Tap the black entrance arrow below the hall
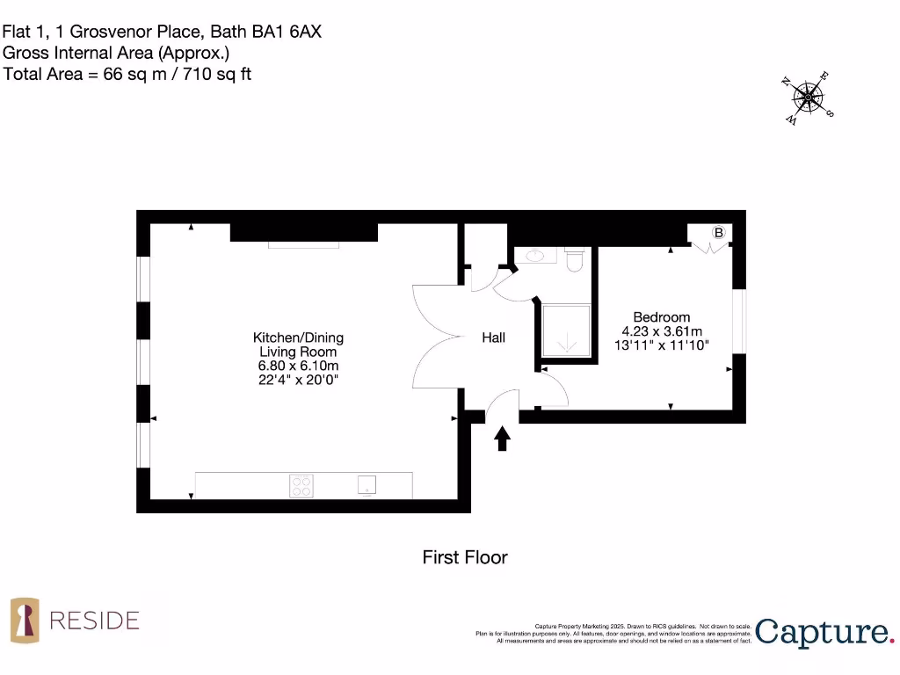click(x=503, y=438)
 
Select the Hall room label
click(x=493, y=337)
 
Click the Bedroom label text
click(x=662, y=317)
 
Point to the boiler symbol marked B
click(x=718, y=233)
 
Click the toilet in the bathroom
click(x=576, y=259)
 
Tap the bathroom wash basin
click(x=533, y=257)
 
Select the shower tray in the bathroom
click(x=565, y=330)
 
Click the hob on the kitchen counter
click(x=301, y=485)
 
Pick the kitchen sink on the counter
click(x=367, y=485)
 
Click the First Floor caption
click(x=465, y=557)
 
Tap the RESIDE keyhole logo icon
click(x=25, y=620)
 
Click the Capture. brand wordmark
click(x=824, y=632)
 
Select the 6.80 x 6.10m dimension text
click(x=298, y=366)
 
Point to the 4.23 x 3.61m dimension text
click(x=662, y=331)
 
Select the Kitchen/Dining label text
click(x=298, y=337)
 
